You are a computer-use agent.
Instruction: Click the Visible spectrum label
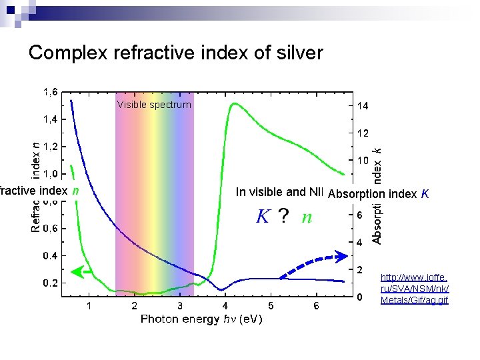click(154, 105)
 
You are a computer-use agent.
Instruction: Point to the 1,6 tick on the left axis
click(50, 93)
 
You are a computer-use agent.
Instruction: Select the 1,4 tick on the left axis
click(50, 120)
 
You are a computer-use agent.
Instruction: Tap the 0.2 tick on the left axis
click(50, 283)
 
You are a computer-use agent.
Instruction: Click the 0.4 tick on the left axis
click(50, 255)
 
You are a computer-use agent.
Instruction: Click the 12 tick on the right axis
click(363, 133)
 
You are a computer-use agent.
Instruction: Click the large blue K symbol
click(263, 217)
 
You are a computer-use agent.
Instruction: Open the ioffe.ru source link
click(414, 288)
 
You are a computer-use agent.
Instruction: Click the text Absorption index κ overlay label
click(378, 194)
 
